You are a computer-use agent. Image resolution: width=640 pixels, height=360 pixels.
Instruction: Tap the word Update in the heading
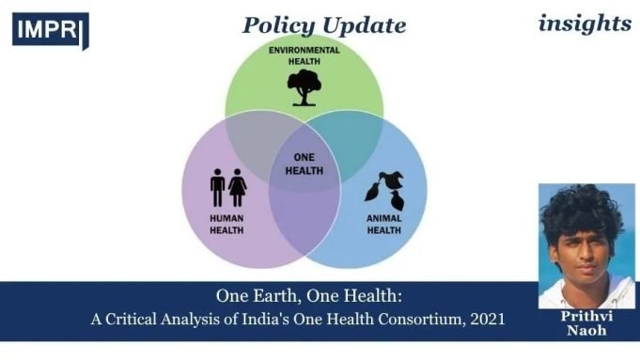coord(371,25)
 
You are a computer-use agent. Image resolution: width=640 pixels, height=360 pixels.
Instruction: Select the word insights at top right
coord(584,23)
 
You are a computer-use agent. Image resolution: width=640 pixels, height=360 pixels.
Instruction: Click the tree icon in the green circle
coord(302,87)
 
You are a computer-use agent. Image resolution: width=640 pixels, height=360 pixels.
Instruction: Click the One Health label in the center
coord(303,164)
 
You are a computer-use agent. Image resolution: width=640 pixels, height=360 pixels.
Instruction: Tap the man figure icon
coord(217,187)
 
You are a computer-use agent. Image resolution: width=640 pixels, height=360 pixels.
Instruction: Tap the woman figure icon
coord(238,187)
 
